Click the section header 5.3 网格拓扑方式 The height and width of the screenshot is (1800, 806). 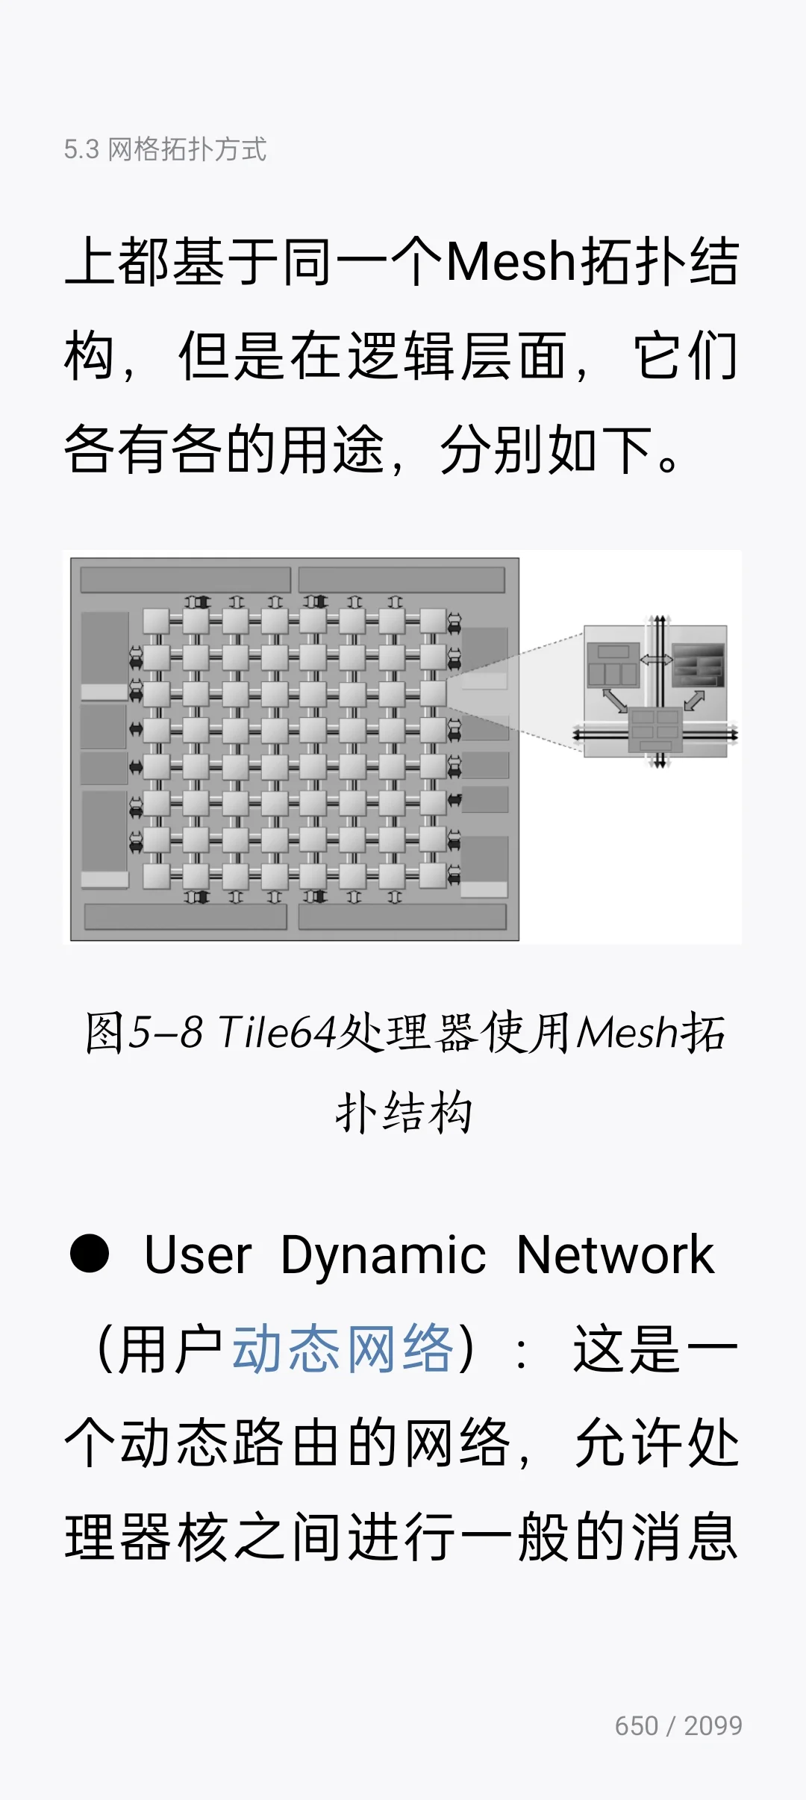(x=165, y=149)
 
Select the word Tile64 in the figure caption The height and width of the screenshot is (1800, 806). (x=277, y=1033)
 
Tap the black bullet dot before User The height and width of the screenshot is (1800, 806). (x=90, y=1254)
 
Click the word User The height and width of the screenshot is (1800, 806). (x=198, y=1254)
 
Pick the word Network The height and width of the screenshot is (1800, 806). (x=616, y=1254)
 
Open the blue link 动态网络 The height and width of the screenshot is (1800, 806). (x=343, y=1349)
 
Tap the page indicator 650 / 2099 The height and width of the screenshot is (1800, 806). (x=678, y=1726)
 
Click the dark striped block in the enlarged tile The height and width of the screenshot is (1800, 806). (x=699, y=665)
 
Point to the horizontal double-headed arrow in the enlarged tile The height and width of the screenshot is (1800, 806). (x=656, y=660)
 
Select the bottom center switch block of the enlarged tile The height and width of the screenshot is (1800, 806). (x=656, y=730)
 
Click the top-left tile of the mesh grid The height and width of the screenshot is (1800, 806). (x=157, y=621)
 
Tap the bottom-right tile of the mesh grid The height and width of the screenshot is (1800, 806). (x=433, y=875)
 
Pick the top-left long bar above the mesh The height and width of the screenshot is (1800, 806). (x=185, y=580)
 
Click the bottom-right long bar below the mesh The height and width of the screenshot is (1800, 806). (x=402, y=917)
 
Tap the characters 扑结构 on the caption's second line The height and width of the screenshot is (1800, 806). (x=404, y=1113)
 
